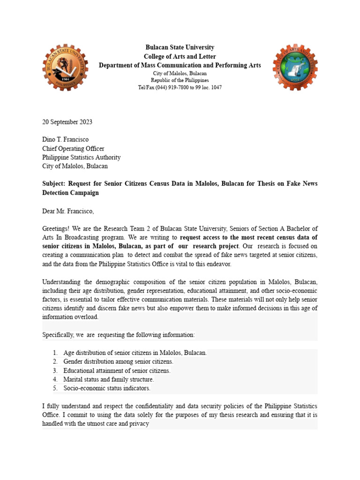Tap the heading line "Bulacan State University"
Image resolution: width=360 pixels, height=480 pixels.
(x=180, y=47)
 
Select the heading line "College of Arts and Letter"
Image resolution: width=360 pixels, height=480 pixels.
(x=180, y=56)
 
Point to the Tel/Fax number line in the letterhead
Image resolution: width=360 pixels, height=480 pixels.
(x=180, y=88)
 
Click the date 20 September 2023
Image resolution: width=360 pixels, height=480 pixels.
(x=67, y=122)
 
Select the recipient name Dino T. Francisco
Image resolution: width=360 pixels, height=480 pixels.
(x=65, y=140)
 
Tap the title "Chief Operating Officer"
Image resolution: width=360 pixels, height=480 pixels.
(x=73, y=149)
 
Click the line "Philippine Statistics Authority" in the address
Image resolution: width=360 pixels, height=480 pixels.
(x=81, y=157)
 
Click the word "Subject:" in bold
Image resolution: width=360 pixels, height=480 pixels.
(x=54, y=184)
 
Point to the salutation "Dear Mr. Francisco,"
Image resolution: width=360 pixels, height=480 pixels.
(x=68, y=211)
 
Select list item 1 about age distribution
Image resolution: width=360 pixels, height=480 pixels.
(x=135, y=353)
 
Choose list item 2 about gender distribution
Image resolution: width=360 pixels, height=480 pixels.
(x=118, y=362)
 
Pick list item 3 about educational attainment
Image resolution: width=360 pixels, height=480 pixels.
(x=117, y=371)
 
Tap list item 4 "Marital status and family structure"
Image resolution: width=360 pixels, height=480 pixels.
(x=109, y=379)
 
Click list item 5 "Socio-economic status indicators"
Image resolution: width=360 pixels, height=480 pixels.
(x=107, y=388)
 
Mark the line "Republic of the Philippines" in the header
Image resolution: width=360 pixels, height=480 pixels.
(x=180, y=81)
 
